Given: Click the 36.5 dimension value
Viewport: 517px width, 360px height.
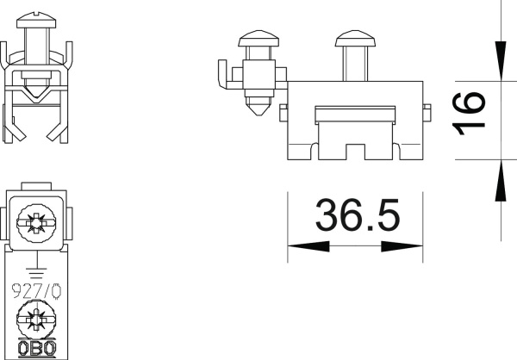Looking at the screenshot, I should click(357, 215).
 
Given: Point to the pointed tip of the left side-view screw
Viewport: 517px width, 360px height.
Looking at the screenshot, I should click(258, 112).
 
